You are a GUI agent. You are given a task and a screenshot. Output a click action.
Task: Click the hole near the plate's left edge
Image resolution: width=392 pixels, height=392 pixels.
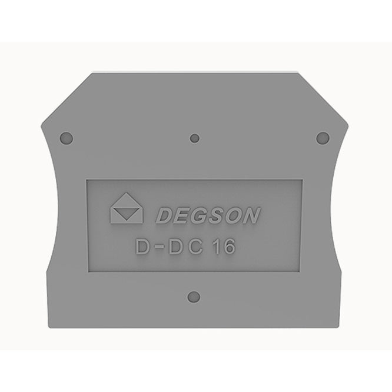pos(67,138)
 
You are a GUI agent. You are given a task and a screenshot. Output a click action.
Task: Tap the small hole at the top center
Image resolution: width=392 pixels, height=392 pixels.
pos(194,138)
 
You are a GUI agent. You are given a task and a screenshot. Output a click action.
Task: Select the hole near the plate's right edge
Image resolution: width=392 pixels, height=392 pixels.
pos(323,138)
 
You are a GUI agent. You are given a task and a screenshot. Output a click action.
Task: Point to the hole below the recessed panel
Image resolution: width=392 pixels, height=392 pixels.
pos(194,297)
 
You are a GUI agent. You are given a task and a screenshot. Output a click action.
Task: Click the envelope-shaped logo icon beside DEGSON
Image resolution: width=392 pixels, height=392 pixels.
pos(127,208)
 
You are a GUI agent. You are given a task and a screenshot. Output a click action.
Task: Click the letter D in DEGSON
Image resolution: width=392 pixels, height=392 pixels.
pos(165,215)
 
